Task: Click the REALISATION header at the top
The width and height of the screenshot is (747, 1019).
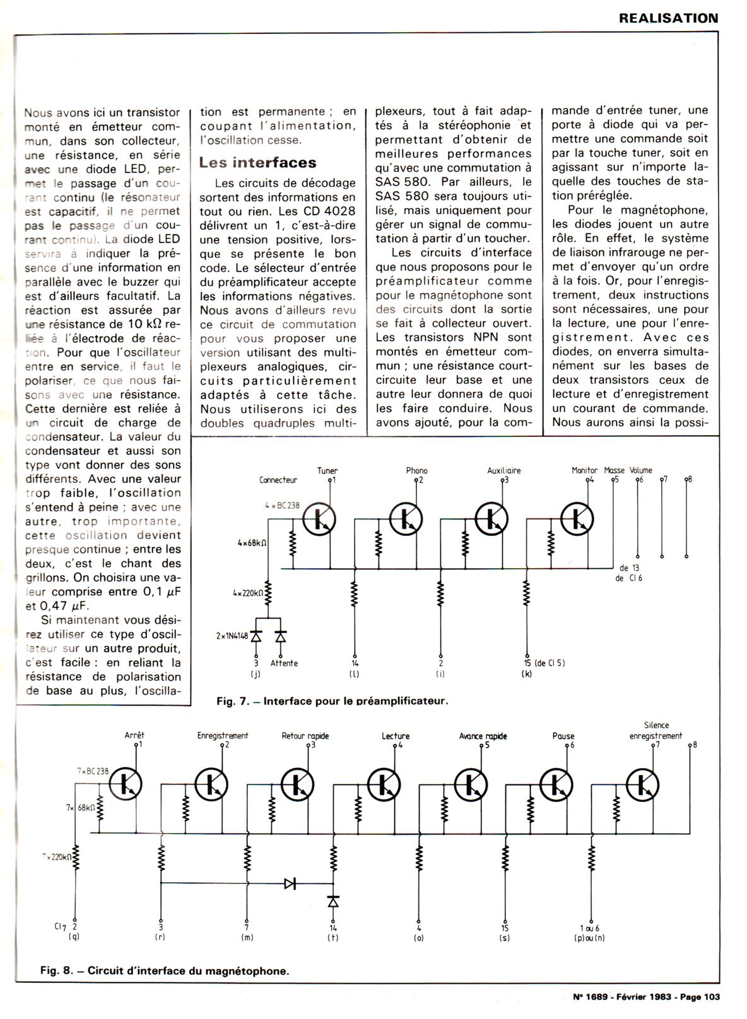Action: pos(668,18)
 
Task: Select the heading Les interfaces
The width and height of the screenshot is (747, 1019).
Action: pos(257,163)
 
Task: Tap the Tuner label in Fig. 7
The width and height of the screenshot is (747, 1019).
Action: pos(327,470)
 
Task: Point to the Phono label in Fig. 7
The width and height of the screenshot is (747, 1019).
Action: pos(416,470)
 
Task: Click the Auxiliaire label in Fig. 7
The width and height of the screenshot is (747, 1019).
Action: pos(504,470)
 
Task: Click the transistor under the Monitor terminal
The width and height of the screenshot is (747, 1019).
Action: pos(576,518)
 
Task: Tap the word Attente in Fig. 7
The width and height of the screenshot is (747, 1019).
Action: pos(284,663)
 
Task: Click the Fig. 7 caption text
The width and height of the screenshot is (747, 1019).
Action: pos(332,701)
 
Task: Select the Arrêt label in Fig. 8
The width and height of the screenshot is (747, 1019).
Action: pos(134,735)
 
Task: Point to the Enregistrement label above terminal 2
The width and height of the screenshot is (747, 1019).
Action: pos(223,735)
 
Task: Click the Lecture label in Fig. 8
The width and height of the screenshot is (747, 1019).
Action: pos(396,736)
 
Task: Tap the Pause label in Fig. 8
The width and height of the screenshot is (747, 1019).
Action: pos(563,736)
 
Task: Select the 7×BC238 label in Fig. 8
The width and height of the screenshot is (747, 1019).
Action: pos(93,771)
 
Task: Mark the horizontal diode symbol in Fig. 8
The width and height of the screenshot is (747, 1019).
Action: pos(290,883)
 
